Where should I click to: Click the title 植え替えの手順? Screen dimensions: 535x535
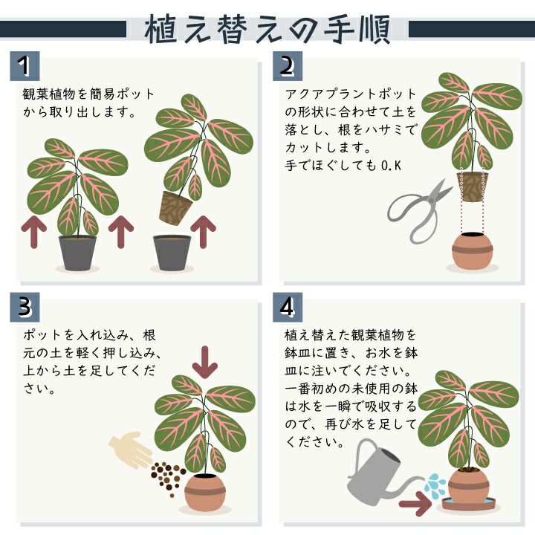click(267, 30)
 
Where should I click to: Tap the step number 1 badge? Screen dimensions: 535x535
click(25, 66)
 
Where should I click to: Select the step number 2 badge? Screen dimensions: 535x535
click(288, 66)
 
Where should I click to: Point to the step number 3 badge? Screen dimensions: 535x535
click(25, 307)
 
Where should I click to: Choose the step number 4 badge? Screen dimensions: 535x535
click(288, 307)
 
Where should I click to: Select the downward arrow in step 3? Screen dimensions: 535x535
click(205, 362)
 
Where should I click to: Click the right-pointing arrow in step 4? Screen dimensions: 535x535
click(415, 504)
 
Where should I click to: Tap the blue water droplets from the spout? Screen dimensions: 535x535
click(435, 485)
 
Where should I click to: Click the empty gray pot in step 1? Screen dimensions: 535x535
click(172, 253)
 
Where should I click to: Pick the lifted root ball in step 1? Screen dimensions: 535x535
click(175, 208)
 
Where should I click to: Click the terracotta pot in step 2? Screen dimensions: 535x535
click(473, 251)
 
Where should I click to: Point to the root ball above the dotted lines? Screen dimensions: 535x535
click(473, 187)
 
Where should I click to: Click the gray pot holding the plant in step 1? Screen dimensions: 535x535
click(77, 253)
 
